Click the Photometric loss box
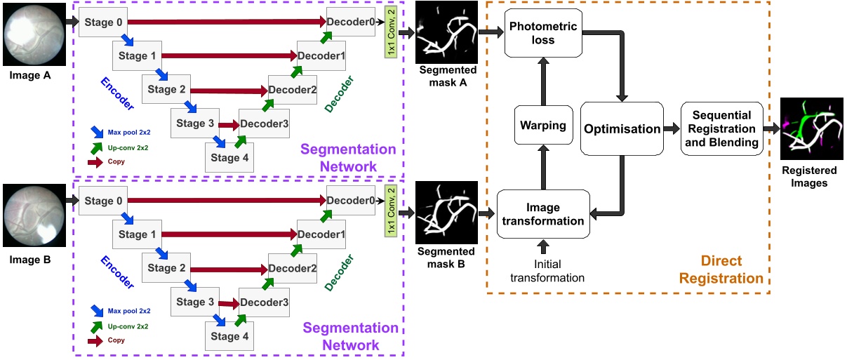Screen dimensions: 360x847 point(543,33)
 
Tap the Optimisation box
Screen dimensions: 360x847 point(622,128)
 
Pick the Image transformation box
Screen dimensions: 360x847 point(543,214)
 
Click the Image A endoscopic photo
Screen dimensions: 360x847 point(34,33)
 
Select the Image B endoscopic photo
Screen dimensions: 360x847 point(34,215)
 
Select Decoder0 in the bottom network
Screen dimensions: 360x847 point(350,201)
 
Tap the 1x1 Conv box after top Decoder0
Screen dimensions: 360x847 point(392,33)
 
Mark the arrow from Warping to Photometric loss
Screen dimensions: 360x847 point(542,81)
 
